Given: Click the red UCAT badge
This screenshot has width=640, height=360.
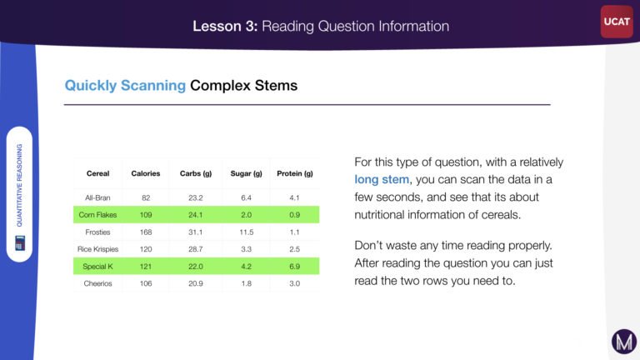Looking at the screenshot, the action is (x=617, y=22).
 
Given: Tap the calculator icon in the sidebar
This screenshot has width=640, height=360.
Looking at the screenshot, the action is (x=20, y=242).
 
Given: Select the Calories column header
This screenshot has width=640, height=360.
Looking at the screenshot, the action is (x=146, y=173).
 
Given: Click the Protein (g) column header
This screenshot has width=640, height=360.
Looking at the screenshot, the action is (x=295, y=173).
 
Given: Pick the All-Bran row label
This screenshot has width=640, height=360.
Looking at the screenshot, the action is (x=97, y=197).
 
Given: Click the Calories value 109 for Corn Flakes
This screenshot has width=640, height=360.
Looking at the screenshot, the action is (x=146, y=215).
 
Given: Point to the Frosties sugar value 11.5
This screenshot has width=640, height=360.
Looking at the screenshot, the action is (x=246, y=232).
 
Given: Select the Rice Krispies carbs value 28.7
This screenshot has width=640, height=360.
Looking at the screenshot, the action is (x=196, y=249).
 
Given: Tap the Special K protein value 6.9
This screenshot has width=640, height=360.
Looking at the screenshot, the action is (x=295, y=266).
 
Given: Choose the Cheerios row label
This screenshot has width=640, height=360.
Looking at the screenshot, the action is (x=97, y=283).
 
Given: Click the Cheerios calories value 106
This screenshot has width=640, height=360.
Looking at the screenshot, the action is (x=146, y=283).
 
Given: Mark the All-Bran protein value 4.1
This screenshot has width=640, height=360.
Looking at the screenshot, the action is (x=295, y=197).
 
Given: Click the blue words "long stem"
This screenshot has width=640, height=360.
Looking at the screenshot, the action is (x=382, y=180).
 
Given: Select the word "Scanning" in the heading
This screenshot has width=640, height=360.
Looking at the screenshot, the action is (x=153, y=86).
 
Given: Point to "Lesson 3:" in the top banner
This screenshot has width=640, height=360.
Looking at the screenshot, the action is (x=225, y=26).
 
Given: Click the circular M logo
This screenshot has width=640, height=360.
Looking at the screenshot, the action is (x=624, y=341).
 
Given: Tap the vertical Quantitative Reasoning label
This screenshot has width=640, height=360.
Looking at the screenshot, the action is (x=20, y=185).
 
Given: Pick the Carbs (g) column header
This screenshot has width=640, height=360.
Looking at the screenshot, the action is (x=196, y=173).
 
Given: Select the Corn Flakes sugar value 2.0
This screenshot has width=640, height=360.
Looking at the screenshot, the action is (x=246, y=215).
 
